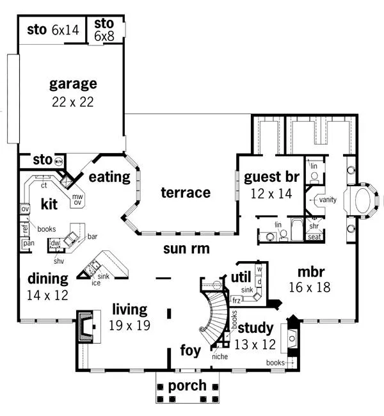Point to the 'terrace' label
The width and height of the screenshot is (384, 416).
click(185, 192)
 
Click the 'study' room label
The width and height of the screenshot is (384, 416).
click(256, 328)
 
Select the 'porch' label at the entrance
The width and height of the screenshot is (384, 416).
click(187, 386)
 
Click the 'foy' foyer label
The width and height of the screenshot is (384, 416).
click(191, 351)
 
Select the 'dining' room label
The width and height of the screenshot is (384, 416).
click(47, 278)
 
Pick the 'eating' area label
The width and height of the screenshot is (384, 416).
click(109, 177)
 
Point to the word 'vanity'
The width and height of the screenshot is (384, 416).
click(328, 200)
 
